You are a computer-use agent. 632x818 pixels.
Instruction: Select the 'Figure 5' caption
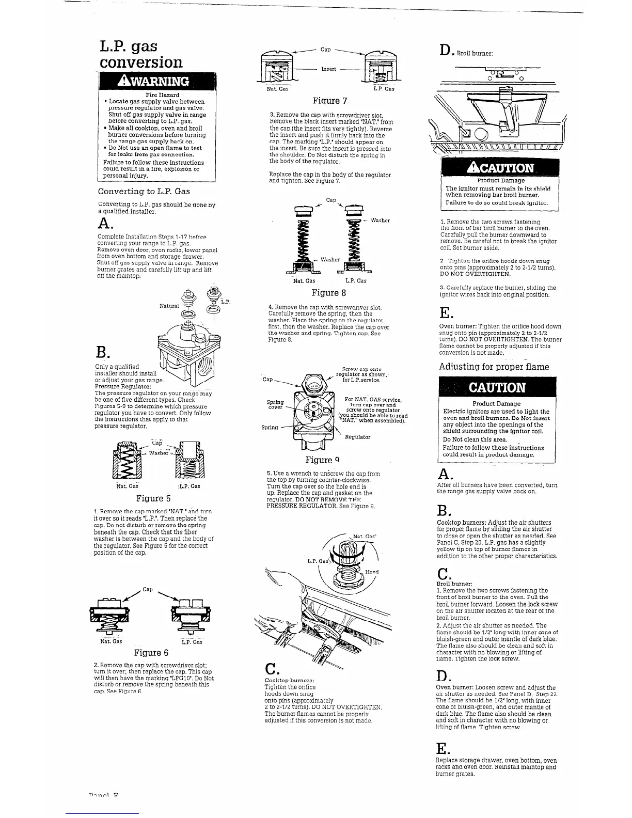(153, 498)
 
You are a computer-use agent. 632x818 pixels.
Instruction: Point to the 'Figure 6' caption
(152, 652)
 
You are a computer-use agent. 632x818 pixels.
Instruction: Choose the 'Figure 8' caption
(329, 293)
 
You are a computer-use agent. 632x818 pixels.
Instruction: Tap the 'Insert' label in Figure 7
(329, 69)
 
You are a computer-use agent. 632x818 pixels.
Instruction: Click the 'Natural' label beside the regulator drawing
(169, 306)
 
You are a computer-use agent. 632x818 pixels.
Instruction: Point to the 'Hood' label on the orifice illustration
(372, 572)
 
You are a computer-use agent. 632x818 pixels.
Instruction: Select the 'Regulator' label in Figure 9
(358, 437)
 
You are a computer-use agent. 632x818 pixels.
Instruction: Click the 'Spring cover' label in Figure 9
(275, 404)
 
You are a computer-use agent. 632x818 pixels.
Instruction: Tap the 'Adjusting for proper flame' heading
(494, 367)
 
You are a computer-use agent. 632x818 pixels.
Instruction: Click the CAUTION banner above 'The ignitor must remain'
(499, 168)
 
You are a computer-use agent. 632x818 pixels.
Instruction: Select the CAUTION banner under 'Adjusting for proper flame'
(497, 388)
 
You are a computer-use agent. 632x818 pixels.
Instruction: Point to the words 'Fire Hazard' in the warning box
(163, 96)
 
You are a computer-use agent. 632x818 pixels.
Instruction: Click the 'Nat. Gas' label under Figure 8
(304, 281)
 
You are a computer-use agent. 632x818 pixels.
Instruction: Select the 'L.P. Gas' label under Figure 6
(192, 642)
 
